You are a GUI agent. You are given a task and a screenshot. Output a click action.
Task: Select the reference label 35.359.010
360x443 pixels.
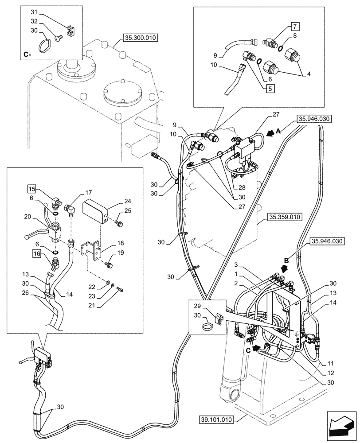click(284, 218)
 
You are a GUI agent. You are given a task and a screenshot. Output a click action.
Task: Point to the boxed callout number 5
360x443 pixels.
click(270, 87)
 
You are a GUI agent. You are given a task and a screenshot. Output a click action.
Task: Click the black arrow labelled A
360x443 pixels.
click(271, 132)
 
